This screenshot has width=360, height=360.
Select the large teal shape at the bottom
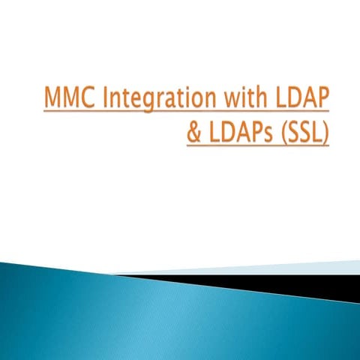[150, 315]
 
